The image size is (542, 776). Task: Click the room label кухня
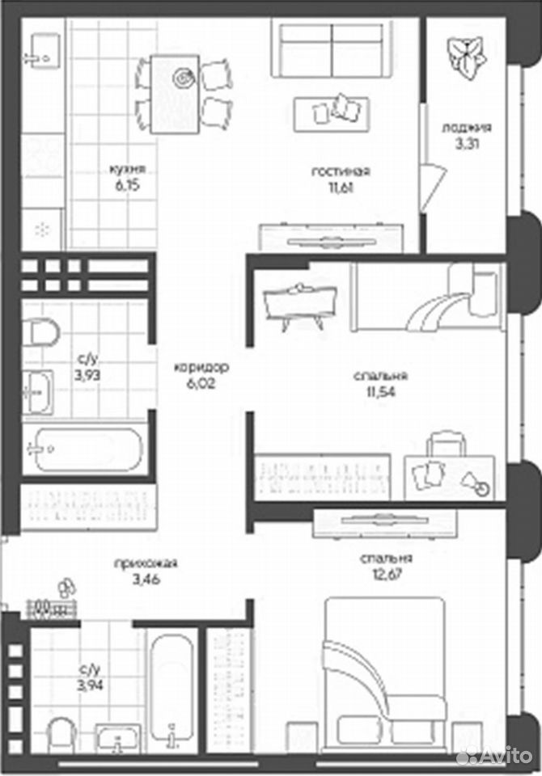128,169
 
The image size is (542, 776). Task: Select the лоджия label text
467,128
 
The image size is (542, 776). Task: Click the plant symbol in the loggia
466,58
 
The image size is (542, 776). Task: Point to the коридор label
201,367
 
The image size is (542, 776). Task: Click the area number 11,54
380,392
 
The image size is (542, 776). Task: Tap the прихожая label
146,563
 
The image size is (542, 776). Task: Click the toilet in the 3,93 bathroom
40,332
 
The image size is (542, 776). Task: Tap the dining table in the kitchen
175,94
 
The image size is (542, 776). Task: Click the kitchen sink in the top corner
41,48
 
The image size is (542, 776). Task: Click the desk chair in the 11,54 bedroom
447,444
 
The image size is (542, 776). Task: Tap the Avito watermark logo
494,756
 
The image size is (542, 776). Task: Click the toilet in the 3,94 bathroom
62,735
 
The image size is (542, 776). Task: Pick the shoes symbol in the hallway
66,588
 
